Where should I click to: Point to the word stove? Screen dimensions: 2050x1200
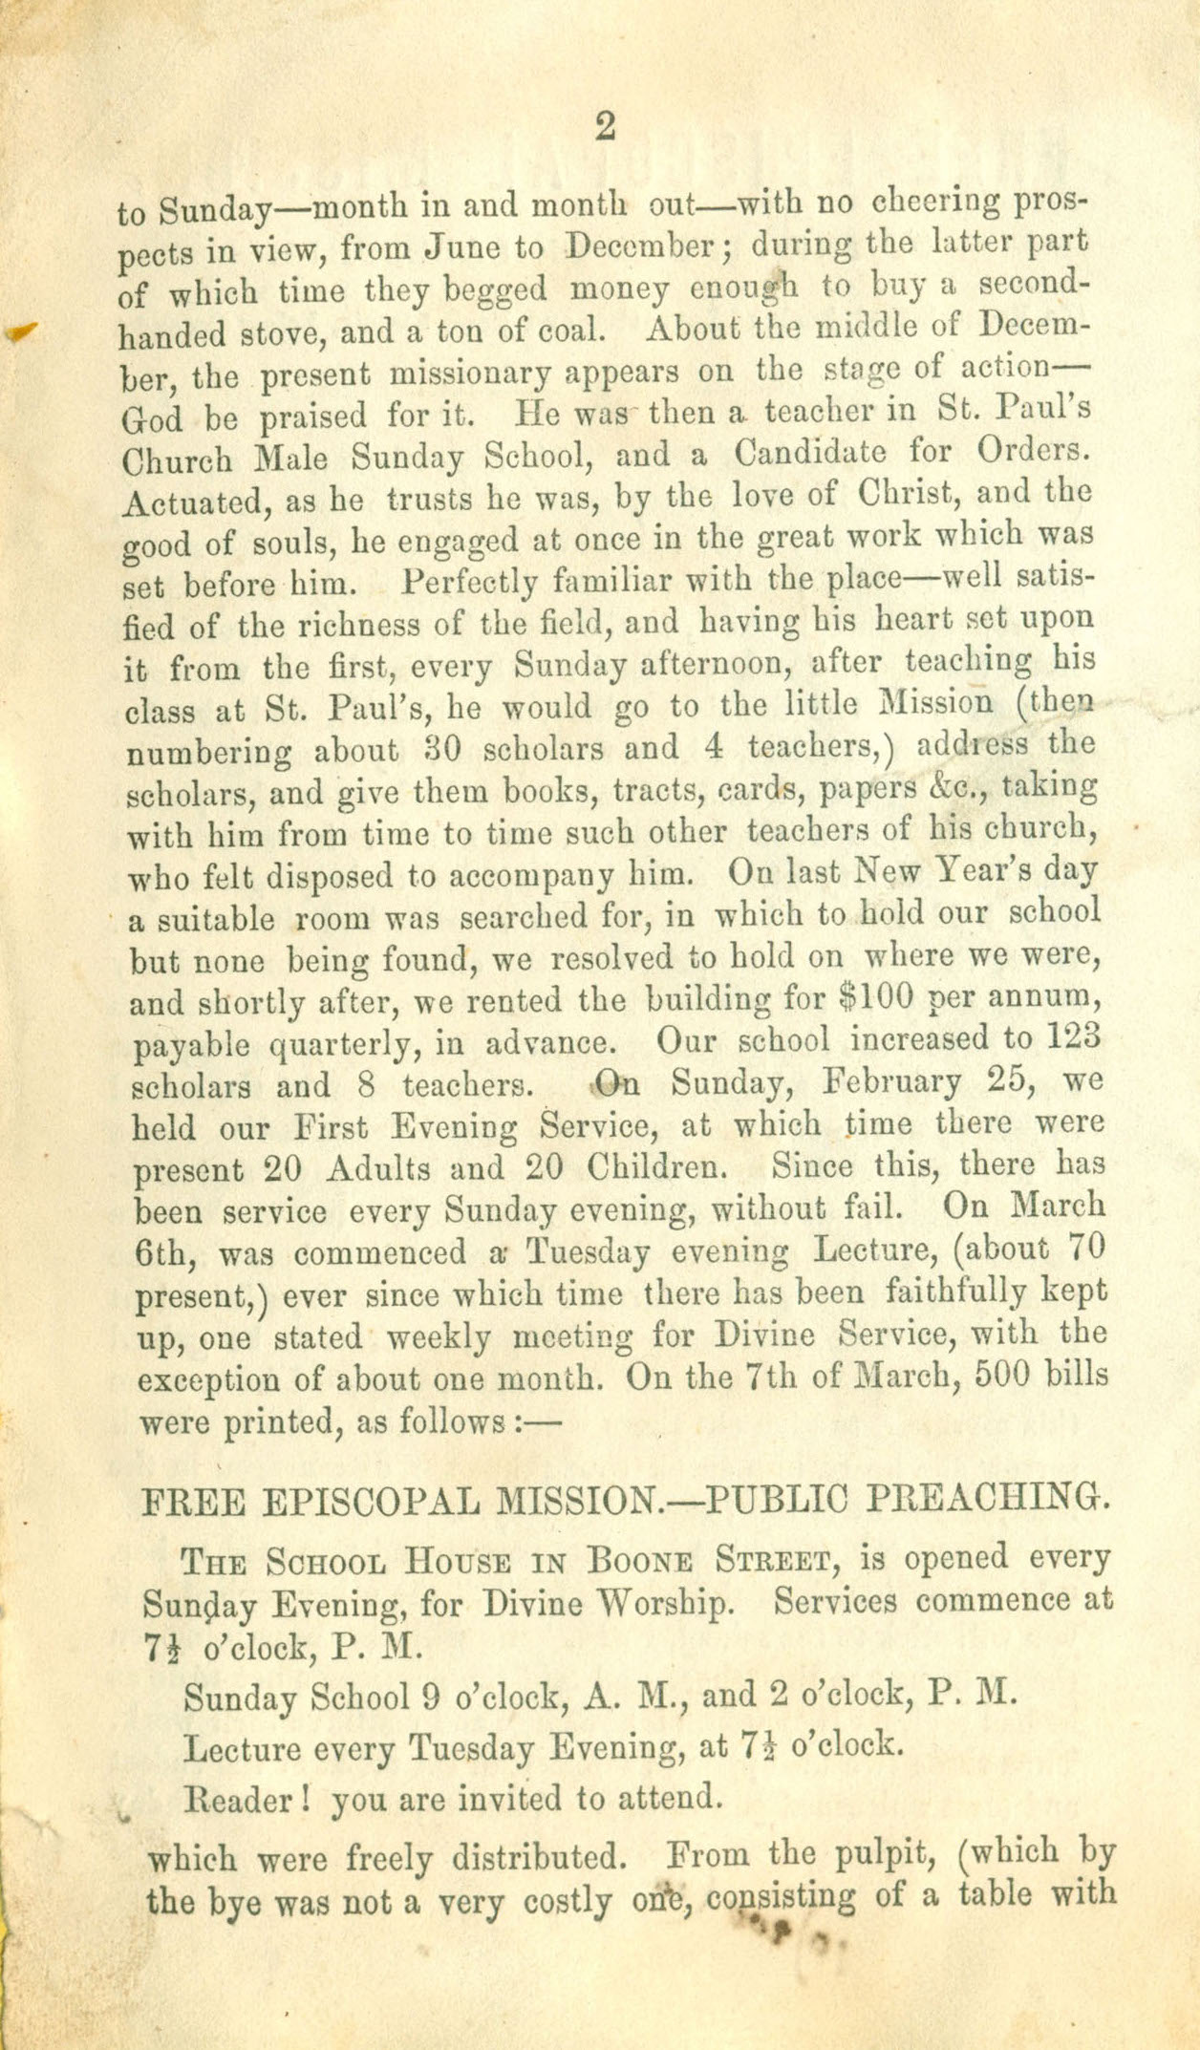315,334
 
